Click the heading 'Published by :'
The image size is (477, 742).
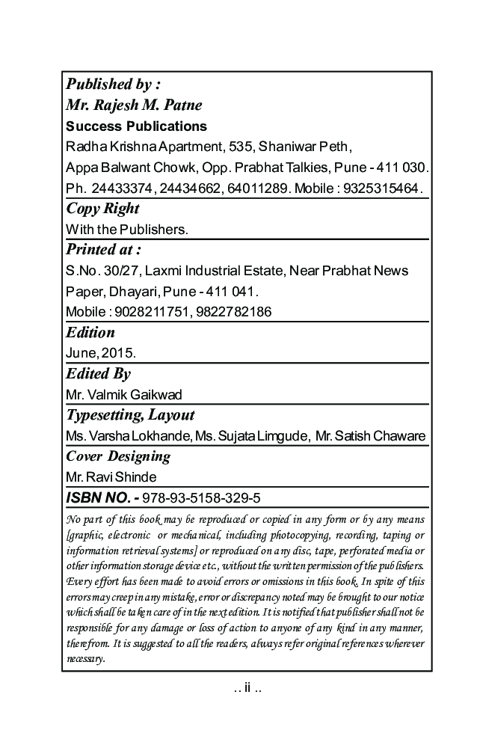pyautogui.click(x=113, y=84)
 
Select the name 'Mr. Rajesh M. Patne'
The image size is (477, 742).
pyautogui.click(x=134, y=105)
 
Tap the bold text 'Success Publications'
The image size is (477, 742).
pyautogui.click(x=136, y=126)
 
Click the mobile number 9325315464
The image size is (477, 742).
pyautogui.click(x=381, y=187)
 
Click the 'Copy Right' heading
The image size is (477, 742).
pyautogui.click(x=102, y=208)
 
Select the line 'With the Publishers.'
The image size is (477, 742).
pyautogui.click(x=127, y=229)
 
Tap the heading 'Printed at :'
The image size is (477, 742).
pyautogui.click(x=103, y=249)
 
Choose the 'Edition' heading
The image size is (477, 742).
pyautogui.click(x=90, y=332)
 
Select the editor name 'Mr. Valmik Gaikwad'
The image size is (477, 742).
pyautogui.click(x=124, y=394)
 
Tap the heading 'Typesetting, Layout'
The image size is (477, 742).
pyautogui.click(x=130, y=414)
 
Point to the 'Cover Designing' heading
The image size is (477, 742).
pyautogui.click(x=118, y=456)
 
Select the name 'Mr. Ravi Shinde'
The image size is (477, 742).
pyautogui.click(x=111, y=476)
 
